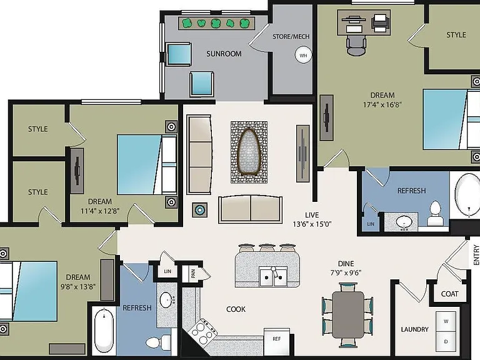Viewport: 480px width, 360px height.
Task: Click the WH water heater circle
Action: (303, 55)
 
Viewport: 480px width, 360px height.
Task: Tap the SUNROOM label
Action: (224, 54)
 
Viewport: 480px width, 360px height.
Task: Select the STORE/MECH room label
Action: (291, 36)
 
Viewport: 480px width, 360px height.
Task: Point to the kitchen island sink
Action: (273, 276)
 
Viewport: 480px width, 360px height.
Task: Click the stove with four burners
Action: (202, 332)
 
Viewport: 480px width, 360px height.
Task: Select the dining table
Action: (348, 315)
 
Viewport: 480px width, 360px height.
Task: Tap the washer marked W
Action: (446, 321)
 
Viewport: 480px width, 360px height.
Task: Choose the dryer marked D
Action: (446, 342)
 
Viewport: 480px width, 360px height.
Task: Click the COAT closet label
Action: (450, 294)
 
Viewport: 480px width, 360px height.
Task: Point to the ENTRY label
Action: (476, 255)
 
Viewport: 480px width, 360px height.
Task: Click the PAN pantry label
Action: (193, 274)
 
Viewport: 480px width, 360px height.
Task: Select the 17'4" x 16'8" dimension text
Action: (382, 105)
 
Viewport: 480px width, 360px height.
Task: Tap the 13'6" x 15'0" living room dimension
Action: (312, 224)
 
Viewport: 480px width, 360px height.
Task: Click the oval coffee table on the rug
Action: (249, 152)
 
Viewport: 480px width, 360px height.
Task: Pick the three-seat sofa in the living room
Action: (199, 154)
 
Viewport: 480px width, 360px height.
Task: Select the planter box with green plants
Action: (216, 23)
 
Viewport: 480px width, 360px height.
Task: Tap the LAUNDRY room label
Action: (415, 329)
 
